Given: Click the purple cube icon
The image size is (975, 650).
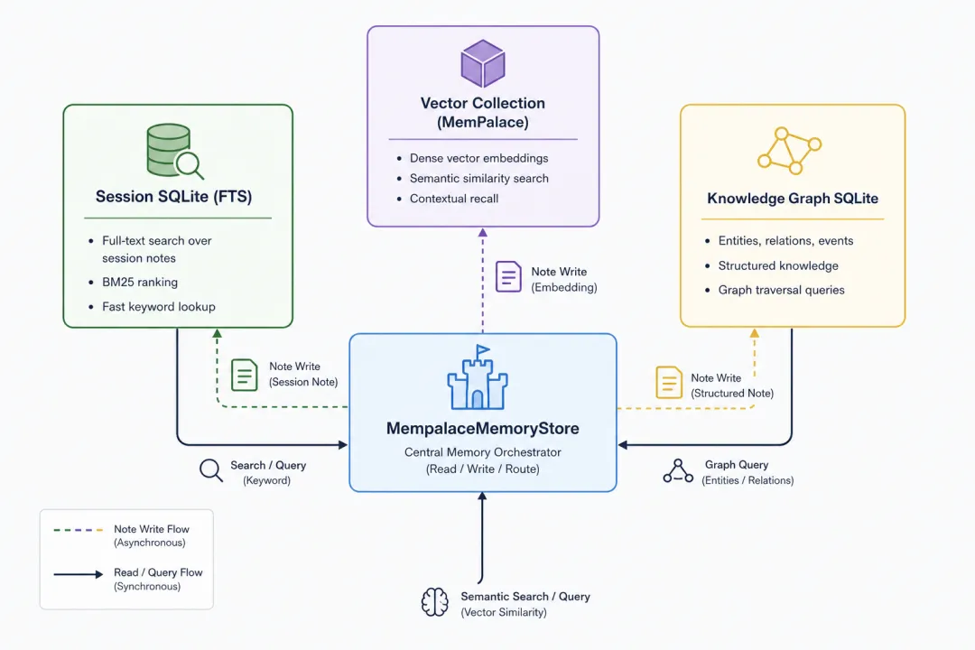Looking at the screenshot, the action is click(x=482, y=63).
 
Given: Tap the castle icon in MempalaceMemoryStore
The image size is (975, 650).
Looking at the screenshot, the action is click(x=478, y=377).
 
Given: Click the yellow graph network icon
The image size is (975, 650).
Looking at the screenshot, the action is click(x=789, y=151).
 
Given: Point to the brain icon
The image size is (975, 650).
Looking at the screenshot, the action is click(x=434, y=602).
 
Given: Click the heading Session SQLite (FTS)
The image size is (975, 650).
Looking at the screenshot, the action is click(x=173, y=197).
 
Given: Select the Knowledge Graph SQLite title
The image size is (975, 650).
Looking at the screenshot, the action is click(x=793, y=199).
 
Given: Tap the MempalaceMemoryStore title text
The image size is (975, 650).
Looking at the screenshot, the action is click(x=482, y=429).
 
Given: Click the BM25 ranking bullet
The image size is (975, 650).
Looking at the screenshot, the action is click(x=140, y=282).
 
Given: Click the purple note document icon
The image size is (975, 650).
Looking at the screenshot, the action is click(x=508, y=277).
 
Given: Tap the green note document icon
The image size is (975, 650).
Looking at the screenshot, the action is click(x=245, y=375).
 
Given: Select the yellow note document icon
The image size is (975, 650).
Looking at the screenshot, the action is click(x=669, y=382).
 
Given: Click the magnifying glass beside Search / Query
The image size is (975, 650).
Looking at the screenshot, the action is click(x=210, y=471).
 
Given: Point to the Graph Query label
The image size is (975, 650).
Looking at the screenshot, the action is click(x=737, y=465).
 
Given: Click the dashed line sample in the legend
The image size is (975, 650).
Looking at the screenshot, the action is click(x=79, y=530).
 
